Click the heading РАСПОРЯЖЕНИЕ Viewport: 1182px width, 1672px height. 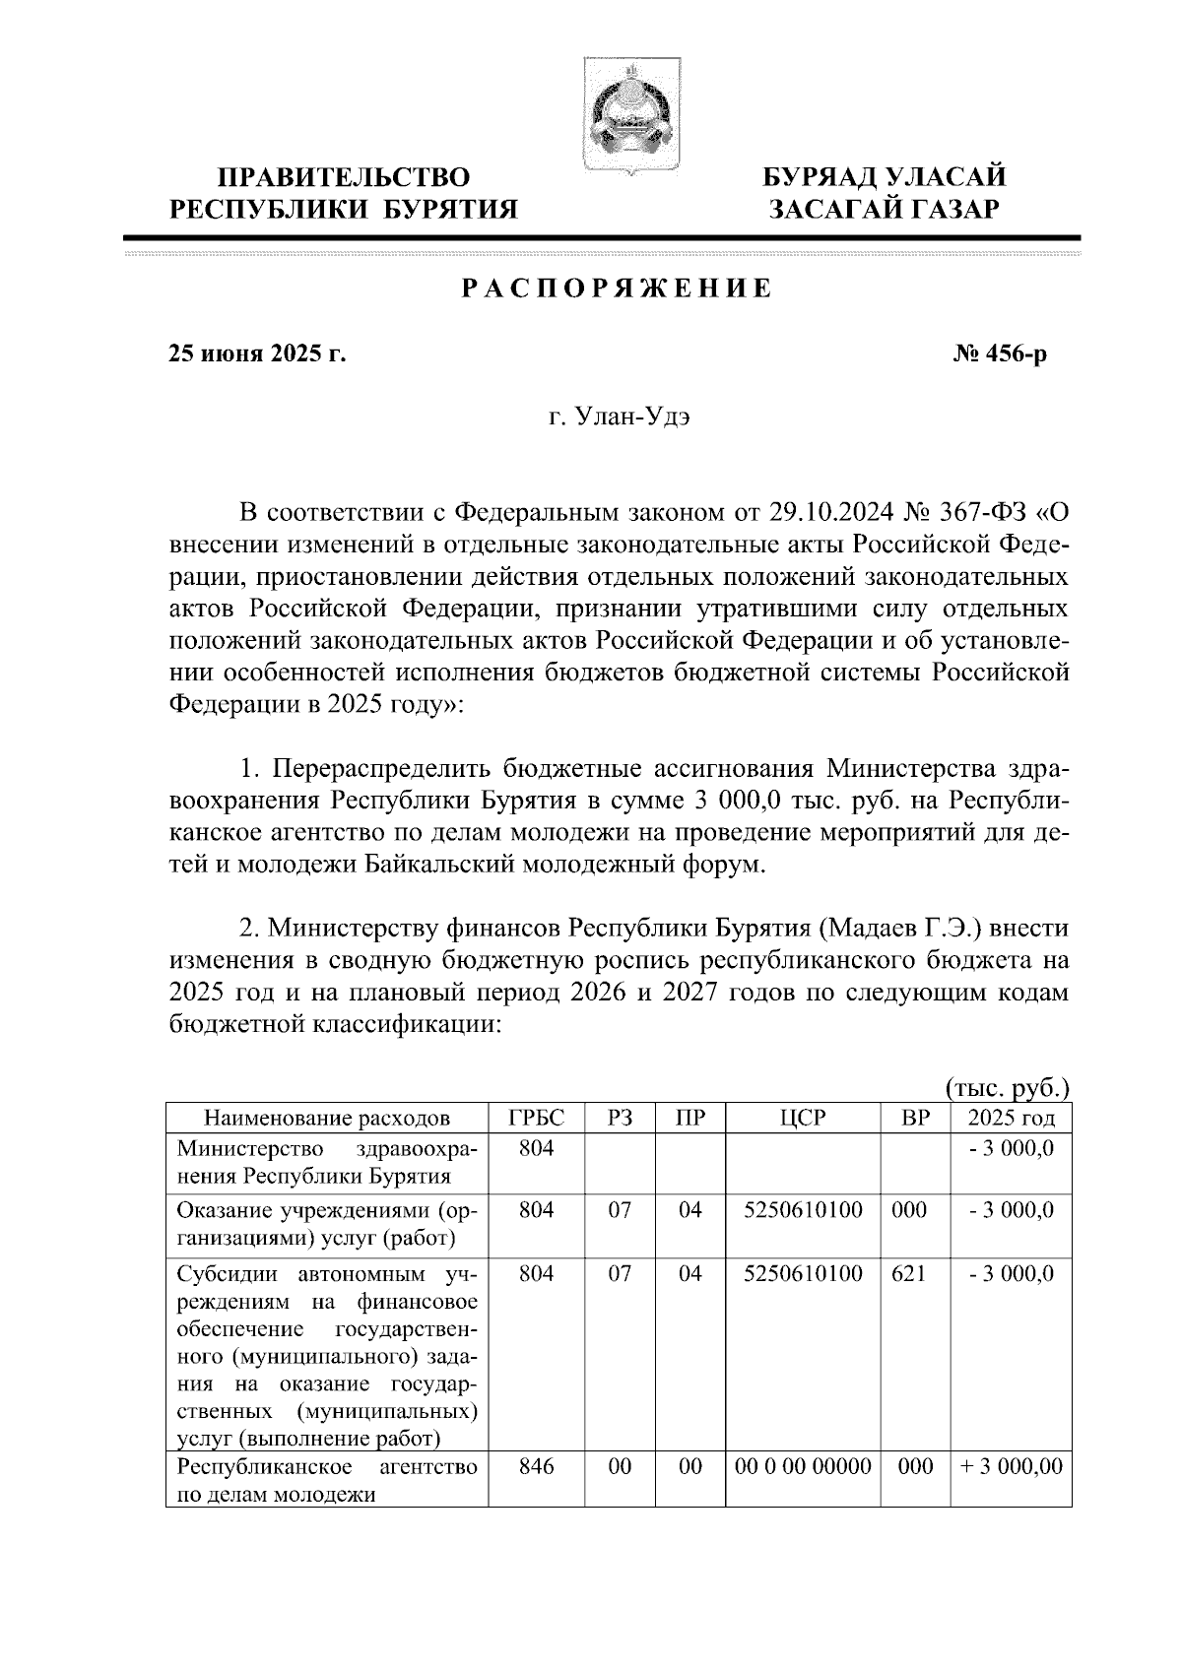click(x=618, y=289)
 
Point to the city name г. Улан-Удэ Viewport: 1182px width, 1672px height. click(x=620, y=418)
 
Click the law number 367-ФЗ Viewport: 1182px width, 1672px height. click(x=984, y=513)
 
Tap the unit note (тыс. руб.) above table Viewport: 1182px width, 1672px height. click(x=1008, y=1088)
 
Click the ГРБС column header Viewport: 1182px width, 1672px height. click(x=537, y=1118)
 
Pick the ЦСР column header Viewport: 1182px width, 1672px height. click(x=803, y=1118)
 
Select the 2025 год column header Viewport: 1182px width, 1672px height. click(x=1012, y=1118)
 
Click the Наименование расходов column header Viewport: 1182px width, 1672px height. click(x=327, y=1118)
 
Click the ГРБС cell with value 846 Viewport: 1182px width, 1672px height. click(x=537, y=1466)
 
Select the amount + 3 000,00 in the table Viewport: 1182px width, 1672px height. click(x=1012, y=1466)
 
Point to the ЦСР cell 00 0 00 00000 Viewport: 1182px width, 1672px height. click(x=803, y=1466)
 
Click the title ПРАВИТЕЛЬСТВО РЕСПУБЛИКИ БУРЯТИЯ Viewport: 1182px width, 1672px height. click(x=343, y=193)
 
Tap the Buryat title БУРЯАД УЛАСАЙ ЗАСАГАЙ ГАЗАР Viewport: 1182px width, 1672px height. click(x=886, y=193)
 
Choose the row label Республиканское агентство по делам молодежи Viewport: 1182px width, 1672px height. click(x=327, y=1480)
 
